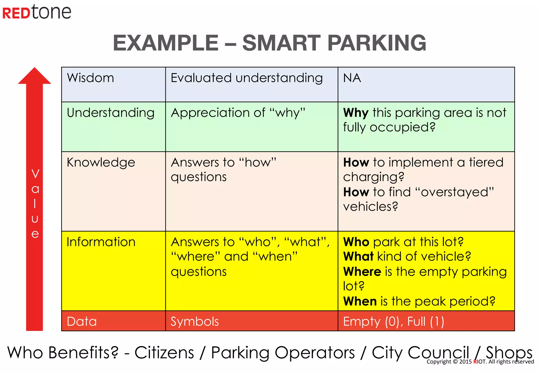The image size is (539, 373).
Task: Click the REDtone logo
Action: [37, 12]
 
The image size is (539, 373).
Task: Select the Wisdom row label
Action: [90, 78]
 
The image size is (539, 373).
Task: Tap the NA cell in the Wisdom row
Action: [352, 78]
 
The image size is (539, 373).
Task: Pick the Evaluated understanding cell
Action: [247, 78]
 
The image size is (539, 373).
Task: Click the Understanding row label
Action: [111, 113]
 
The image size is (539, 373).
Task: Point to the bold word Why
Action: [356, 113]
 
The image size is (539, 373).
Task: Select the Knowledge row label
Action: [101, 163]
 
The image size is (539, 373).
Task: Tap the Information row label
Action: [101, 242]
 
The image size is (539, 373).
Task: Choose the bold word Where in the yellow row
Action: [362, 272]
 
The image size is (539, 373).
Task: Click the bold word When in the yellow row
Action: [360, 301]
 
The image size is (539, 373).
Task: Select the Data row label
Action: [82, 321]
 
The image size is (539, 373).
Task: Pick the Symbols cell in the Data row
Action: [194, 321]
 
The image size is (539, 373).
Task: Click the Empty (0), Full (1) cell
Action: [393, 321]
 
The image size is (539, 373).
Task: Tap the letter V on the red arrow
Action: [35, 174]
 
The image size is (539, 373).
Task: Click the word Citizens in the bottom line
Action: [164, 352]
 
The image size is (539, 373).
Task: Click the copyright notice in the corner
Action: [480, 362]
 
